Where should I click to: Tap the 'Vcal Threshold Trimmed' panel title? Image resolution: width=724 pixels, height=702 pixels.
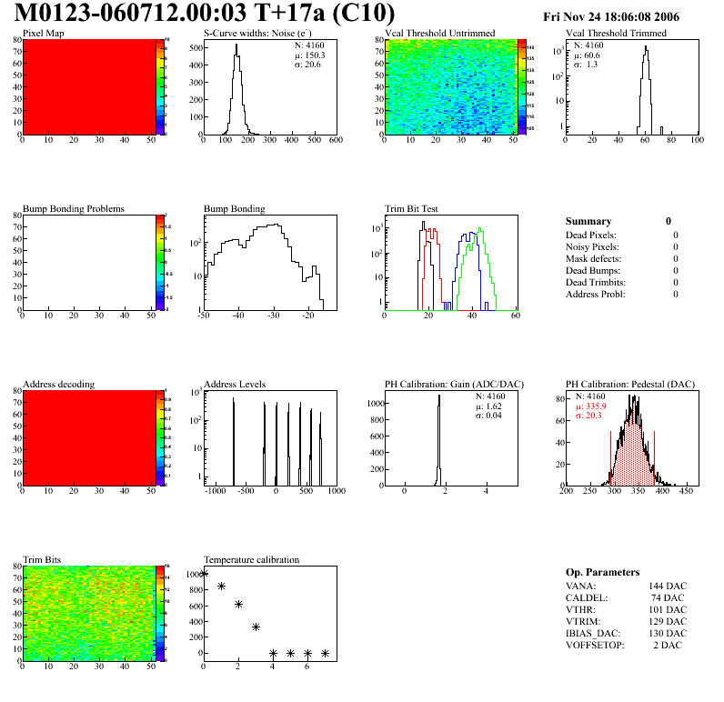(616, 34)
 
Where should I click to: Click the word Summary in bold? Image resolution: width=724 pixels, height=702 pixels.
(588, 221)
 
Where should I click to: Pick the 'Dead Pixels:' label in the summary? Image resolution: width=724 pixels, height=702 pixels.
(590, 235)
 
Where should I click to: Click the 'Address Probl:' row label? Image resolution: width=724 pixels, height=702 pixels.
(595, 294)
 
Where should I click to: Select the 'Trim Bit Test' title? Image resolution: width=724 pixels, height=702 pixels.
(412, 208)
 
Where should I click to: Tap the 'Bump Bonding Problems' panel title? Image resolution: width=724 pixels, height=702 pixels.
(74, 208)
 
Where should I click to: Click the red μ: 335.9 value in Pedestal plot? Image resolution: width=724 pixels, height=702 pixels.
(591, 406)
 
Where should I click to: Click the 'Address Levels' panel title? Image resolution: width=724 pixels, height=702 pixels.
(235, 384)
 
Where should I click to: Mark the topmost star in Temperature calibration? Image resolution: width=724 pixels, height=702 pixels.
(204, 574)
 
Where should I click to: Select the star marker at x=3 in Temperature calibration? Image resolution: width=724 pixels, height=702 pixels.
(256, 627)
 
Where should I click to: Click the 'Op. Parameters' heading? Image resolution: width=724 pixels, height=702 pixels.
(602, 572)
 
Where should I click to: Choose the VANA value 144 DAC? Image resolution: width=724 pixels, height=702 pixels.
(668, 586)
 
